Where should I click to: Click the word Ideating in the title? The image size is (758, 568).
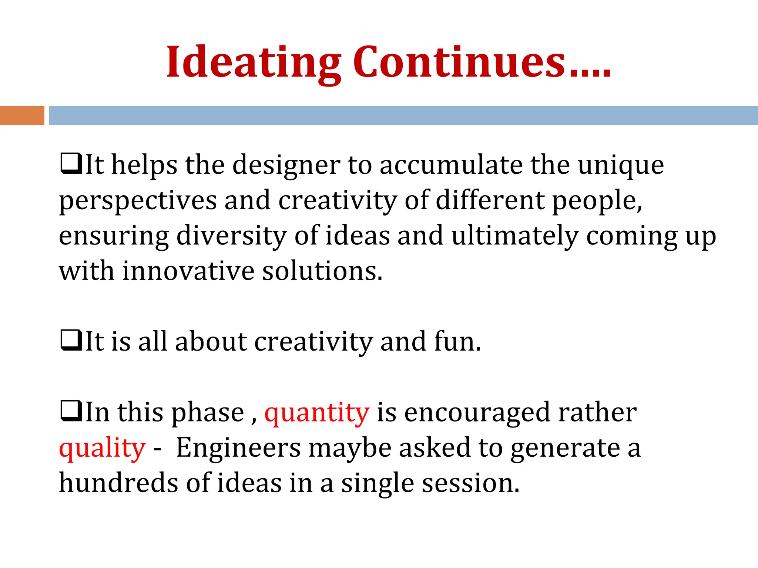pyautogui.click(x=253, y=63)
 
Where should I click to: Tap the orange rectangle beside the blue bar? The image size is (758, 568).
pyautogui.click(x=22, y=115)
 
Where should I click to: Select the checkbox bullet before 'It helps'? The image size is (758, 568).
pyautogui.click(x=71, y=164)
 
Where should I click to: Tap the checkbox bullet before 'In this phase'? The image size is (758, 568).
pyautogui.click(x=71, y=411)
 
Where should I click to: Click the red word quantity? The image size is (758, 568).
pyautogui.click(x=317, y=413)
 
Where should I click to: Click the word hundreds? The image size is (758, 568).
pyautogui.click(x=118, y=483)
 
